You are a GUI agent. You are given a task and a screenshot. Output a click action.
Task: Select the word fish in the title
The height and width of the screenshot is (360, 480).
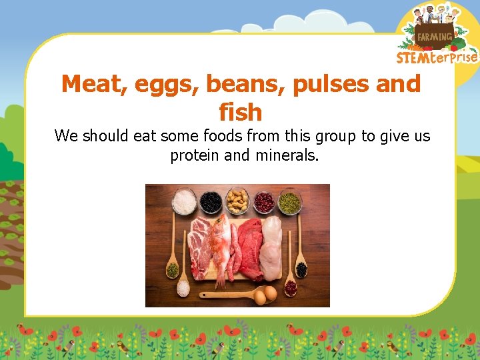point(240,112)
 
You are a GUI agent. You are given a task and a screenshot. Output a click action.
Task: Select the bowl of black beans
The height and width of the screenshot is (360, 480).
point(211,201)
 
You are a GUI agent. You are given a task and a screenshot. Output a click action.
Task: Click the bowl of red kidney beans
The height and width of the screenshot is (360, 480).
point(263,201)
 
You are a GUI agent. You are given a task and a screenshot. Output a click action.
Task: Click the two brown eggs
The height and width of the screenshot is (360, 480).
point(265,295)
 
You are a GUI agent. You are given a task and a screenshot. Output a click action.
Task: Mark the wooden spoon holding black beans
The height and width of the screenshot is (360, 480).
point(301,267)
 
